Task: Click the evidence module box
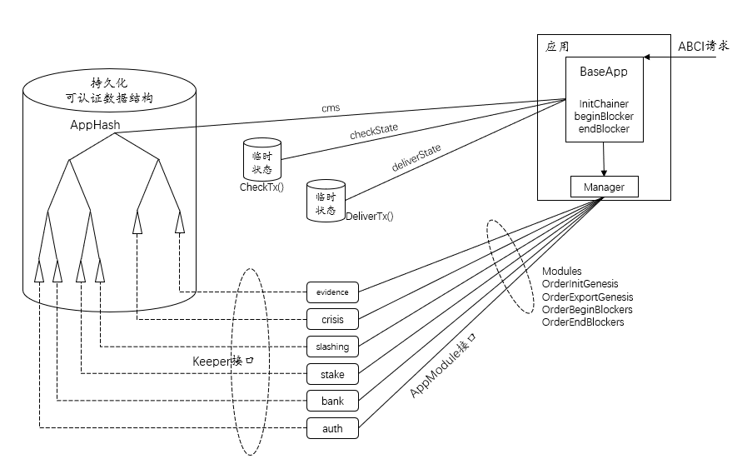[x=332, y=292]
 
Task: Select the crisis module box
[x=332, y=320]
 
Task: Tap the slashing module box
[x=332, y=347]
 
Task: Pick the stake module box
[x=332, y=374]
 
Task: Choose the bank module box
[x=332, y=402]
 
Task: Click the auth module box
[x=332, y=429]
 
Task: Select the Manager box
[x=604, y=187]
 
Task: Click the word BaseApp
[x=603, y=72]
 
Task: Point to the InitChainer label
[x=604, y=104]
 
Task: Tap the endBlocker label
[x=603, y=129]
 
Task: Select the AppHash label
[x=94, y=125]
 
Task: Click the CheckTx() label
[x=261, y=187]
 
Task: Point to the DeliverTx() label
[x=369, y=217]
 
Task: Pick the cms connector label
[x=330, y=108]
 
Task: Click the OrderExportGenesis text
[x=587, y=297]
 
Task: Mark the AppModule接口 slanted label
[x=446, y=366]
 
